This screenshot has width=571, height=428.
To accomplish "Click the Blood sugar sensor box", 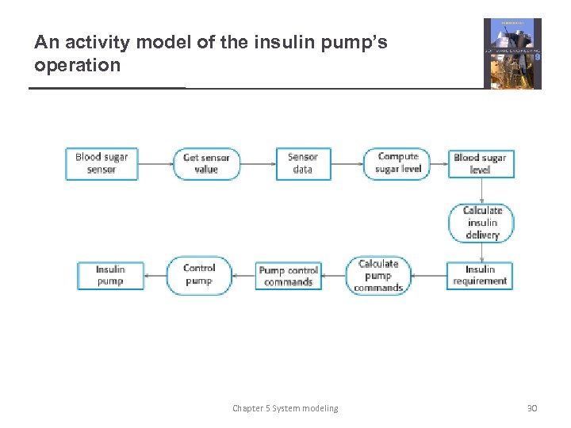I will (102, 163).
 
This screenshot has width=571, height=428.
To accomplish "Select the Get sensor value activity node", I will (206, 163).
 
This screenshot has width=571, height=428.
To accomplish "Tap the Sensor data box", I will (303, 163).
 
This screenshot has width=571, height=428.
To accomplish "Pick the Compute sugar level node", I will (397, 163).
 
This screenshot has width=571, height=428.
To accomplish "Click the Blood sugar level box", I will (480, 164).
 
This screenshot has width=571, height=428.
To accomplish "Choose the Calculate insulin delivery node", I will (482, 223).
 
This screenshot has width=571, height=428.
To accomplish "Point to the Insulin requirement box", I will (480, 275).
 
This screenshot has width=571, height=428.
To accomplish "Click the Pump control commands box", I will (288, 276).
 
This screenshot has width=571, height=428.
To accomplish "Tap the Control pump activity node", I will (198, 275).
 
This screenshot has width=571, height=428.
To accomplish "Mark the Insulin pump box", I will (110, 275).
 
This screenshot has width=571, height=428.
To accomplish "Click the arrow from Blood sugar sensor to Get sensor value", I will (155, 164).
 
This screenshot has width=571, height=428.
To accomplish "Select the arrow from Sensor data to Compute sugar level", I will (347, 164).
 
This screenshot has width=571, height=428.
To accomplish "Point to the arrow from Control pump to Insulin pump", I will (155, 276).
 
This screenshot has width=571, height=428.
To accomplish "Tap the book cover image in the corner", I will (512, 53).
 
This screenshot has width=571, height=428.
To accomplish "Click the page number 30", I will (531, 408).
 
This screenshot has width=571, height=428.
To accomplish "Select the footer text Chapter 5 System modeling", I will (285, 408).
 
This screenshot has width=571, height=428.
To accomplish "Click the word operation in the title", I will (78, 65).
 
